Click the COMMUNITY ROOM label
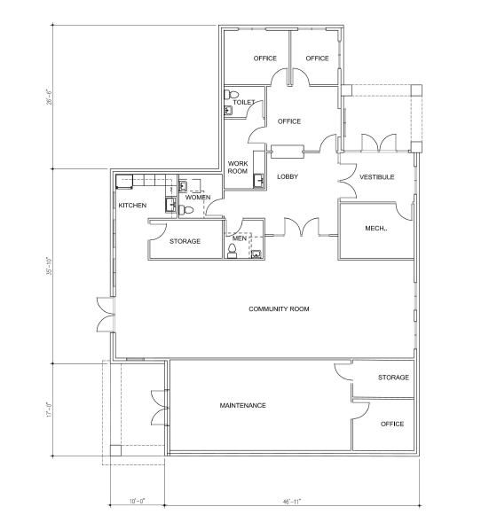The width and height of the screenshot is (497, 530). point(279,309)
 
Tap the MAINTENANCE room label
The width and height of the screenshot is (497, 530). point(243,405)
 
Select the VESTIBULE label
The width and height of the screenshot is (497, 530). point(377,177)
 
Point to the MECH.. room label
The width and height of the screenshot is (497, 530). point(376,229)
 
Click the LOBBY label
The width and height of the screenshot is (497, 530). point(288,176)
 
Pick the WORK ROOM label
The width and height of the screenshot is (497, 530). point(238,168)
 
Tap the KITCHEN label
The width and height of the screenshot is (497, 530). point(132,206)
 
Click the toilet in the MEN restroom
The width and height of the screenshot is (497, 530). point(233,251)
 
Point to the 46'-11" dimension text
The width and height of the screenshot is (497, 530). point(292,502)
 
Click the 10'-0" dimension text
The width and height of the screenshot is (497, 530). point(137,502)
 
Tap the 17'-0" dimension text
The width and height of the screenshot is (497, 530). point(50,409)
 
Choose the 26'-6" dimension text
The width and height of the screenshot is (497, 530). point(50,97)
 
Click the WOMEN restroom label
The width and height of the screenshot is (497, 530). point(198,198)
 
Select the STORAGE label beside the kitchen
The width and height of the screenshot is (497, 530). point(185,241)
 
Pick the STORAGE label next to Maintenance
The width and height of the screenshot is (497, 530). point(393,378)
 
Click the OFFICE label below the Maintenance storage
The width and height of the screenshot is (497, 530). point(392,425)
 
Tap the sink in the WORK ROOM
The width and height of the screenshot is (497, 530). point(258,180)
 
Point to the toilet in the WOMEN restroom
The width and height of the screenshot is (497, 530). point(185,210)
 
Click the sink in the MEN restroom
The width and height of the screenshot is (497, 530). point(256,254)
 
